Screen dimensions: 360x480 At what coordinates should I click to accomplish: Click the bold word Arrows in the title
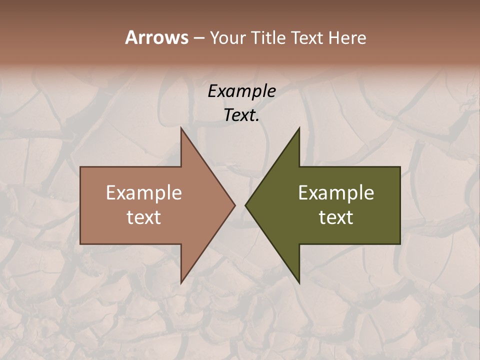coord(156,37)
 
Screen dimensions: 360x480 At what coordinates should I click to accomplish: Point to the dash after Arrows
coord(198,38)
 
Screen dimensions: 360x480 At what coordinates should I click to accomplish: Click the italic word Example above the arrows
coord(241,91)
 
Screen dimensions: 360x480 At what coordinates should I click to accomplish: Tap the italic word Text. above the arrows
coord(241,115)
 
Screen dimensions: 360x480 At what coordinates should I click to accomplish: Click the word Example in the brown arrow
coord(144,192)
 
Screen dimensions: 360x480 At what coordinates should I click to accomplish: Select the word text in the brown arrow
coord(144,217)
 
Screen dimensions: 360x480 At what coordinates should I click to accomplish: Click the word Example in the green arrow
coord(336,192)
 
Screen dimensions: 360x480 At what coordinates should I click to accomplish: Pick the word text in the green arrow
coord(336,217)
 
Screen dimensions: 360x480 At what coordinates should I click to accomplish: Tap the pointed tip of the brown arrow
coord(234,205)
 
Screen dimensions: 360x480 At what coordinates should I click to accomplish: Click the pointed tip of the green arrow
coord(245,205)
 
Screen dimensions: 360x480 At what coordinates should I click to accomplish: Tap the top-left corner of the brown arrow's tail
coord(81,167)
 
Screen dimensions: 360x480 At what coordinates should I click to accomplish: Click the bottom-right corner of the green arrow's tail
coord(399,243)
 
